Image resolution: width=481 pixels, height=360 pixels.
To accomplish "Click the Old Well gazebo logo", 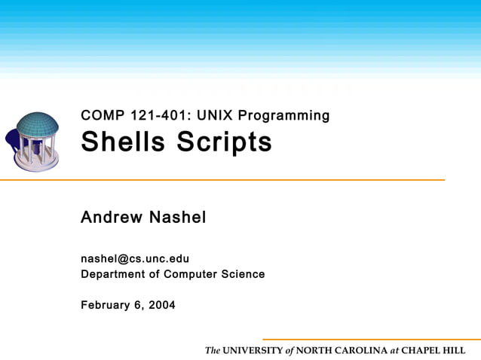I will pyautogui.click(x=36, y=142).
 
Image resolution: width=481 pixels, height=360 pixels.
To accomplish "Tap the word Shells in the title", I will pyautogui.click(x=122, y=142).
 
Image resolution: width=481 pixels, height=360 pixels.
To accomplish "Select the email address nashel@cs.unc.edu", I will pyautogui.click(x=135, y=259).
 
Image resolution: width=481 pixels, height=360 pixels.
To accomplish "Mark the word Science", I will pyautogui.click(x=243, y=274).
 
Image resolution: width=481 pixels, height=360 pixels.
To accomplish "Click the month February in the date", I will pyautogui.click(x=106, y=305).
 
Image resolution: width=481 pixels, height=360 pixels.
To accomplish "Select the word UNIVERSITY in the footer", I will pyautogui.click(x=253, y=351).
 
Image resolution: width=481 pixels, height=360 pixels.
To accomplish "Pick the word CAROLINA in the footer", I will pyautogui.click(x=360, y=351).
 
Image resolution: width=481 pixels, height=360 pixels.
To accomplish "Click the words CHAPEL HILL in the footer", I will pyautogui.click(x=433, y=351).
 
